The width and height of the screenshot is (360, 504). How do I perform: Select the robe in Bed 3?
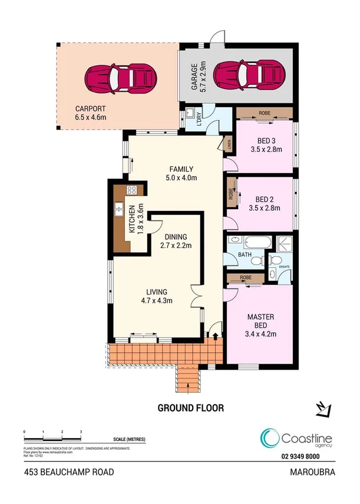click(x=265, y=113)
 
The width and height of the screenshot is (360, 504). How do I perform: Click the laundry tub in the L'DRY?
click(x=191, y=114)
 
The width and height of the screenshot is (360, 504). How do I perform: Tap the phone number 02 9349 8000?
click(x=299, y=455)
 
